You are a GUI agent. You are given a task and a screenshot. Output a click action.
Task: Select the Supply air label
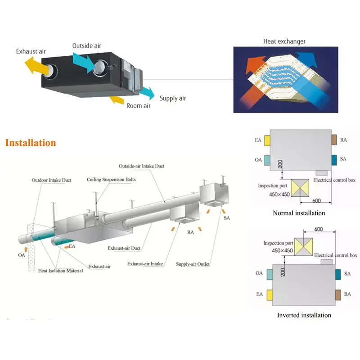[x=172, y=99]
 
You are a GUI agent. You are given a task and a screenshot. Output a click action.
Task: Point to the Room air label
[x=138, y=106]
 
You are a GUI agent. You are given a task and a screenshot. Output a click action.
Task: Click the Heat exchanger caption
[x=284, y=41]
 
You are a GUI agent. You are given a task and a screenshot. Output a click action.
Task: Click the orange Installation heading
[x=31, y=143]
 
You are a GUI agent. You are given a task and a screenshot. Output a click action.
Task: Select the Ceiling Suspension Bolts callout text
[x=111, y=180]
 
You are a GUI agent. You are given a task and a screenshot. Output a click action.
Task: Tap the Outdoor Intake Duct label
[x=51, y=180]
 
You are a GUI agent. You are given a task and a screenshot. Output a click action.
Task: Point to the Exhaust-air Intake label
[x=145, y=263]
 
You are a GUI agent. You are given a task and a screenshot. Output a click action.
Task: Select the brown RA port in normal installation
[x=334, y=140]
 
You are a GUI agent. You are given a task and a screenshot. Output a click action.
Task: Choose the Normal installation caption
[x=299, y=213]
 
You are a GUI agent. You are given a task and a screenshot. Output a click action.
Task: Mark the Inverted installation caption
[x=304, y=315]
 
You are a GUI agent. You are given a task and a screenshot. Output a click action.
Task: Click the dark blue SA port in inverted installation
[x=337, y=273]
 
